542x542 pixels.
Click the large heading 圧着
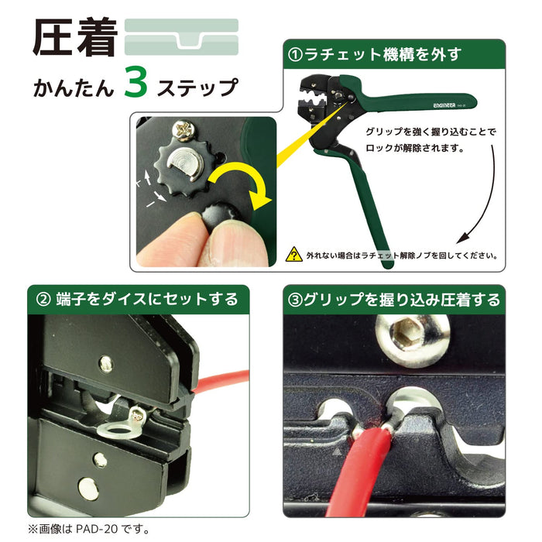tap(74, 37)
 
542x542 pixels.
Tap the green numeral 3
tap(135, 84)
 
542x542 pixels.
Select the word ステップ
tap(197, 86)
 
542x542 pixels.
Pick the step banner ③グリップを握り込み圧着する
tap(394, 299)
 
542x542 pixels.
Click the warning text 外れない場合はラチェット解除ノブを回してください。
tap(403, 254)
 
